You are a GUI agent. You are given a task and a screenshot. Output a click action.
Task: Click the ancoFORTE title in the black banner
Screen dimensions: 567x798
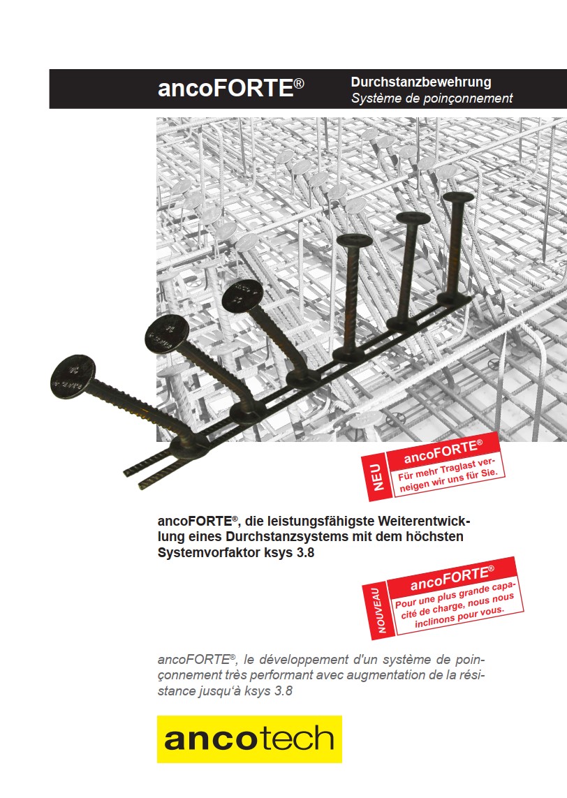(x=230, y=87)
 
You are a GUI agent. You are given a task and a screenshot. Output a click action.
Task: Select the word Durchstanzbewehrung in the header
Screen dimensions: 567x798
(x=421, y=82)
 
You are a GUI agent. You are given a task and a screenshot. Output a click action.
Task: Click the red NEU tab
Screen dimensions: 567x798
(x=377, y=478)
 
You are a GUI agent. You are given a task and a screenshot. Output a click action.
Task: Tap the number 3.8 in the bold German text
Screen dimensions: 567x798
(x=304, y=552)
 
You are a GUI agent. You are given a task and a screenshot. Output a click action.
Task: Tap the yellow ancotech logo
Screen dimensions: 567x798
(x=249, y=739)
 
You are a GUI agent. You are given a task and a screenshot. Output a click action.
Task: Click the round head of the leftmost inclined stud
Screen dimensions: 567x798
(x=73, y=376)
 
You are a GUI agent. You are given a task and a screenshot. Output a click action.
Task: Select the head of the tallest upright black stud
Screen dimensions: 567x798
(x=457, y=196)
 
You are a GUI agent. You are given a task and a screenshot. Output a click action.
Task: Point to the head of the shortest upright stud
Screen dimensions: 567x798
(x=355, y=239)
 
